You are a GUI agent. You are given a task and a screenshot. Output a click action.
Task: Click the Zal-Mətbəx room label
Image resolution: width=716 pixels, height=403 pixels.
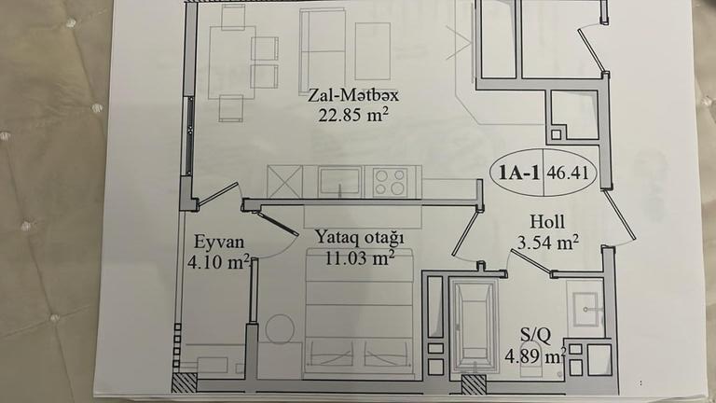coord(353,95)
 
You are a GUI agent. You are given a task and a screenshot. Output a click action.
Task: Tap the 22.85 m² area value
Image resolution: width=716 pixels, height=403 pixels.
coord(353,114)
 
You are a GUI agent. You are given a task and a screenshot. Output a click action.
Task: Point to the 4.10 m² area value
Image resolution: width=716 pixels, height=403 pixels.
coord(218,262)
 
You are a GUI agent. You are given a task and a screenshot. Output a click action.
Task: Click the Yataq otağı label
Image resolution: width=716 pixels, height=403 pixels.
coord(360,238)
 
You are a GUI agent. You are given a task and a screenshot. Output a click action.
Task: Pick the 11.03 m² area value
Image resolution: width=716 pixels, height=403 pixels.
coord(360,258)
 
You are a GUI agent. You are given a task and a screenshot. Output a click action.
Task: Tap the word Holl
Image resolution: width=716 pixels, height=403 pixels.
coord(547,222)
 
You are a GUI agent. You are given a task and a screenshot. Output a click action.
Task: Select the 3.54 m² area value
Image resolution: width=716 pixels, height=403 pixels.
coord(548,243)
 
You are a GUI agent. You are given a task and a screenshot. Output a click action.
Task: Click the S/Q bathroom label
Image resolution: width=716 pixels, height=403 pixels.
coord(536,336)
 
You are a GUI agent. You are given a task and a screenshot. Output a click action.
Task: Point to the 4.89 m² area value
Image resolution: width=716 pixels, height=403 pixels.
coord(536,356)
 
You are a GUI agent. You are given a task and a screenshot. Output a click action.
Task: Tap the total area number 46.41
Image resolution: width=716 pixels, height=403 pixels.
coord(568,174)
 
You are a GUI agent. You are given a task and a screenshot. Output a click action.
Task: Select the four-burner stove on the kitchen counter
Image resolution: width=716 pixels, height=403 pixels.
coord(390,182)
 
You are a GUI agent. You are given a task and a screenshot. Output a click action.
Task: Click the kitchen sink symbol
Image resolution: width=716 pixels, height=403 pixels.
coord(339,182)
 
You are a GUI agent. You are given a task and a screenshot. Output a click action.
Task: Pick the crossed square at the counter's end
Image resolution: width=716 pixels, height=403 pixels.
coord(284,182)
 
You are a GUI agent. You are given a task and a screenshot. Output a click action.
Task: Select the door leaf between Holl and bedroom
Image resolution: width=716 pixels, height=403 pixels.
coord(465,232)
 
